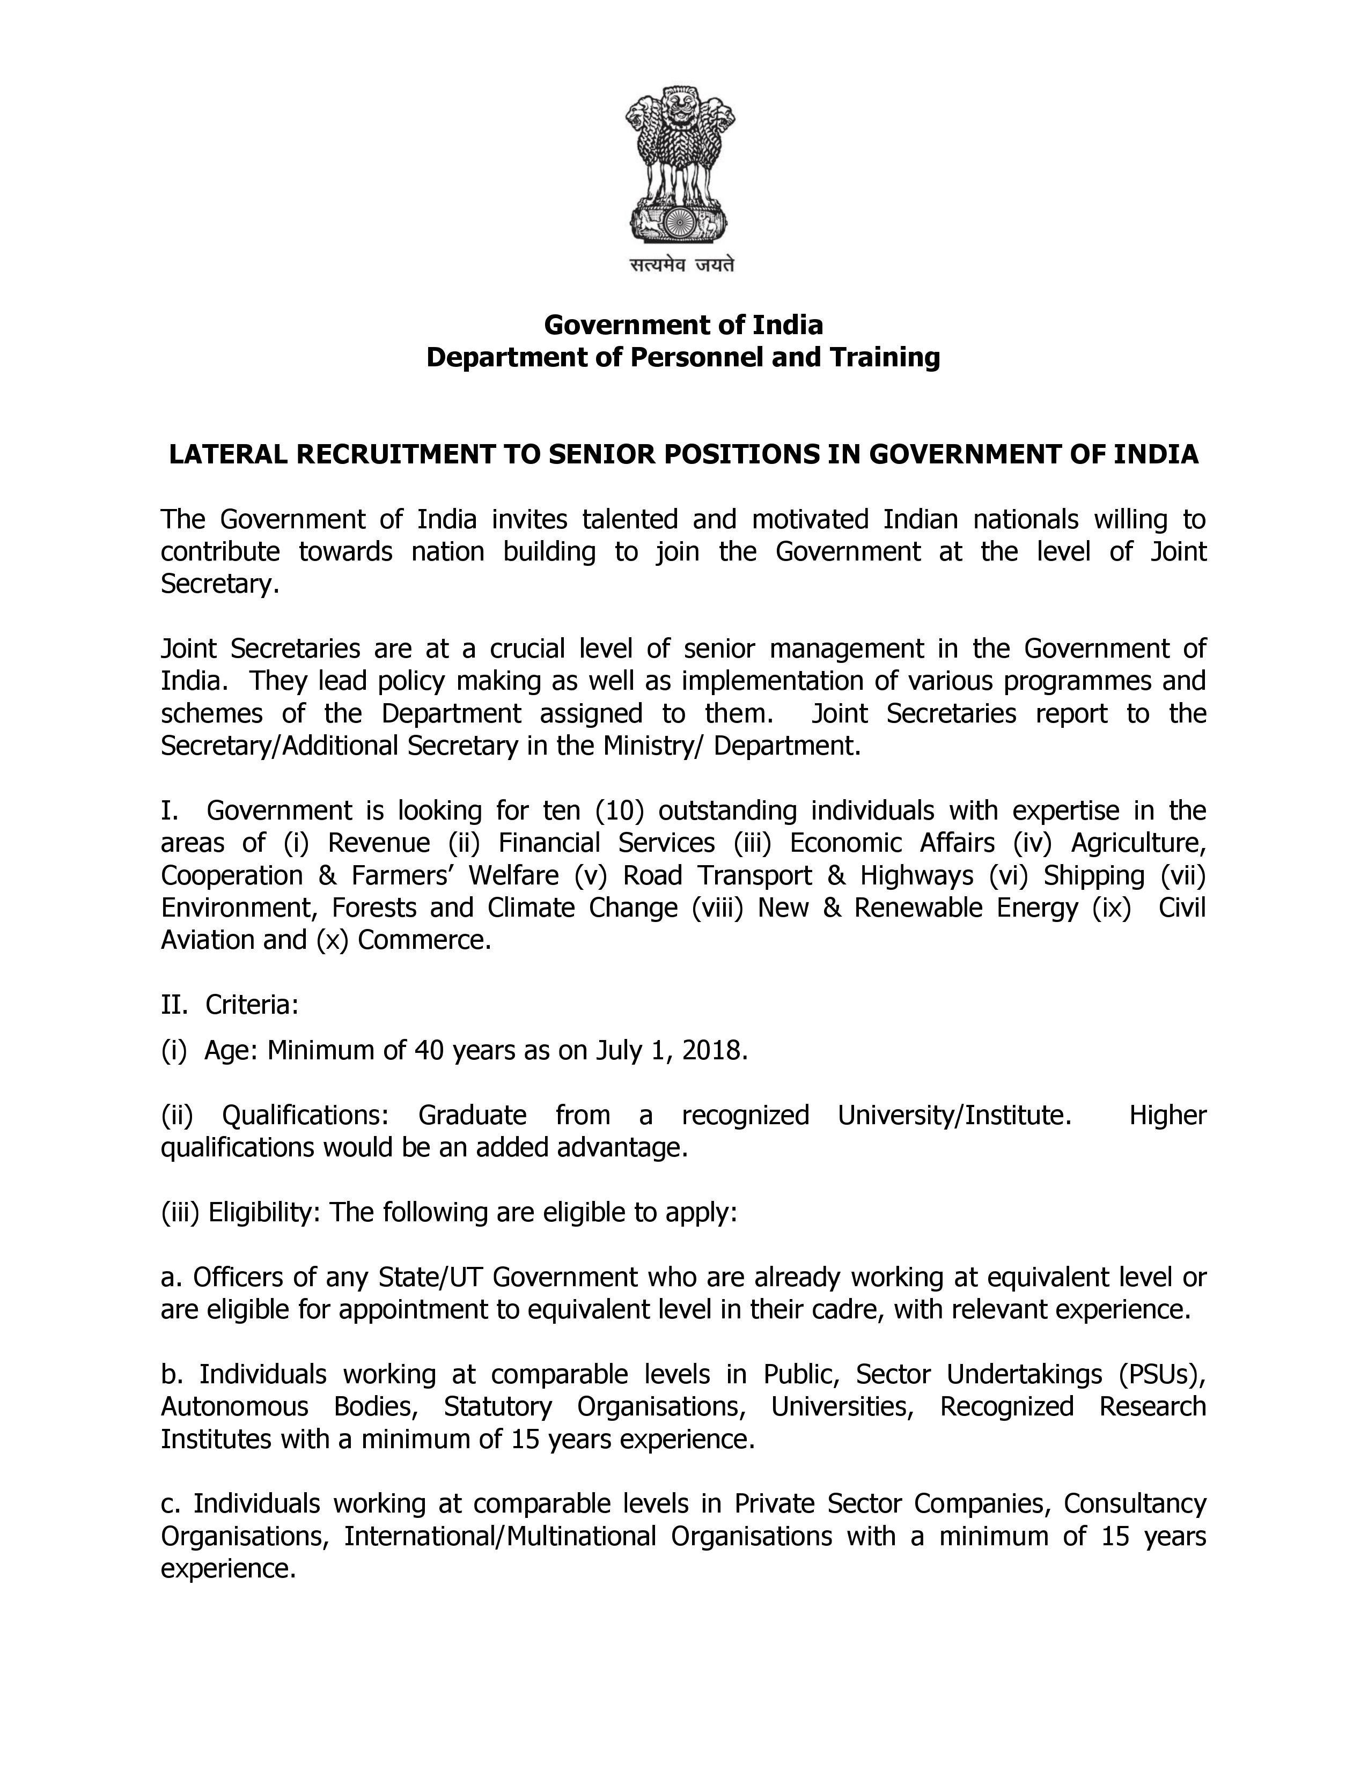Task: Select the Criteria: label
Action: point(252,1005)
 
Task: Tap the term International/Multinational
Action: point(500,1537)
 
